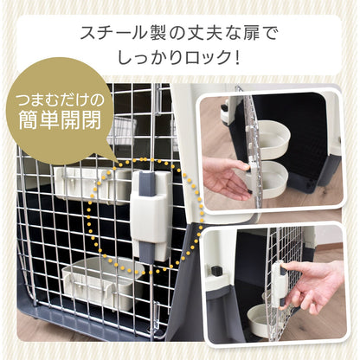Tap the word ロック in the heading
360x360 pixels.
[205, 57]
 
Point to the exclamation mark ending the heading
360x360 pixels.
[237, 57]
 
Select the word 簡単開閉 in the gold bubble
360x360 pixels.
[60, 119]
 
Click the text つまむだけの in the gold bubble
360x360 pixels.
[60, 100]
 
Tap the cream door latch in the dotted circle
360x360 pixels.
[151, 214]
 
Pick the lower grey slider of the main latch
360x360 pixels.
[147, 252]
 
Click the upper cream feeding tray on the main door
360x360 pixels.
[93, 185]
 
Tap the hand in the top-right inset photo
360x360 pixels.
[227, 178]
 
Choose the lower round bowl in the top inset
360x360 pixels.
[272, 179]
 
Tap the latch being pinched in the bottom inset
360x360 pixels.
[278, 284]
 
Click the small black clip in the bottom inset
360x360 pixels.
[215, 271]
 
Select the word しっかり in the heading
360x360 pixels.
[149, 57]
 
